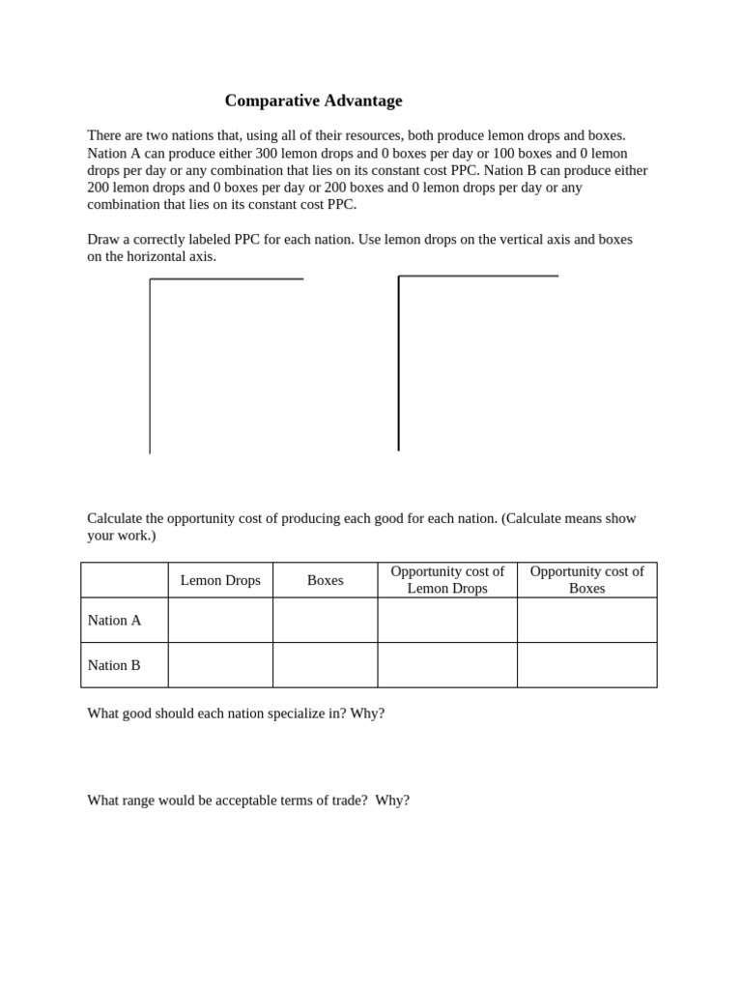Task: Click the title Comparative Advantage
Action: tap(313, 101)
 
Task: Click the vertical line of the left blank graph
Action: tap(150, 367)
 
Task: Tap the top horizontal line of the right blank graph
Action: tap(478, 277)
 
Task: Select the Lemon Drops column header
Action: tap(220, 580)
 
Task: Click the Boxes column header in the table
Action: tap(325, 580)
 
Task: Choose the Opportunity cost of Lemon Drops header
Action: tap(447, 580)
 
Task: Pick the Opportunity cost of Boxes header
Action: tap(586, 580)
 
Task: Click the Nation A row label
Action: tap(114, 621)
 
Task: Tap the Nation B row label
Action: tap(114, 665)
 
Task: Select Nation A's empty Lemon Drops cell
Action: tap(220, 621)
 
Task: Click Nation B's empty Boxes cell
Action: tap(325, 665)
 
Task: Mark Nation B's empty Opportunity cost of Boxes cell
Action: tap(586, 665)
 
